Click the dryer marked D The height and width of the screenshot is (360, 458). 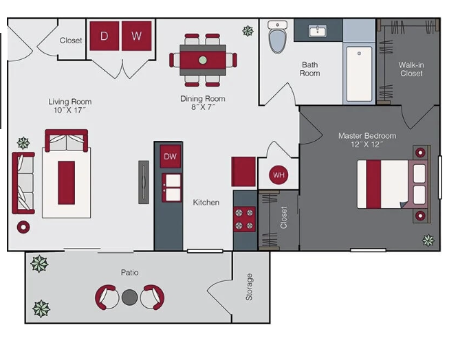(105, 36)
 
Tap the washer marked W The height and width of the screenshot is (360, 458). (136, 36)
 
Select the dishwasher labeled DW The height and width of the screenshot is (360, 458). (171, 157)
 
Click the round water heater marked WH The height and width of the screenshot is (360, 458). (279, 175)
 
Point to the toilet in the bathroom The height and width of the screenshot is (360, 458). (277, 37)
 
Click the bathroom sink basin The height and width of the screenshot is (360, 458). (318, 31)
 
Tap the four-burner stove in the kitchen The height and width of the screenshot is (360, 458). (244, 219)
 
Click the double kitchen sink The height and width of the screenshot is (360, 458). (172, 188)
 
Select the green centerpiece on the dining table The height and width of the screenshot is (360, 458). (203, 60)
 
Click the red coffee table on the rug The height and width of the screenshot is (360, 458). (66, 183)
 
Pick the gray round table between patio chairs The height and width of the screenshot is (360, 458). (130, 297)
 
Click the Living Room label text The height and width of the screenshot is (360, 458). (70, 102)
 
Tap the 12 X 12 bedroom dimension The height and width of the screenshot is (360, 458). (367, 144)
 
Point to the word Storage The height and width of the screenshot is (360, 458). (249, 287)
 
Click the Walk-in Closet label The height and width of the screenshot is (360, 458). (411, 69)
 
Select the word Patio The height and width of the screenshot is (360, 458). (130, 272)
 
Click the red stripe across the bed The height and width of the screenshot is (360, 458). (373, 184)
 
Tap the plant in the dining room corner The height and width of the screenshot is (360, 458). (248, 31)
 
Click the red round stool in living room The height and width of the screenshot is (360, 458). (23, 227)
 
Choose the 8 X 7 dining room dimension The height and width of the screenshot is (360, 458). (203, 107)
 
